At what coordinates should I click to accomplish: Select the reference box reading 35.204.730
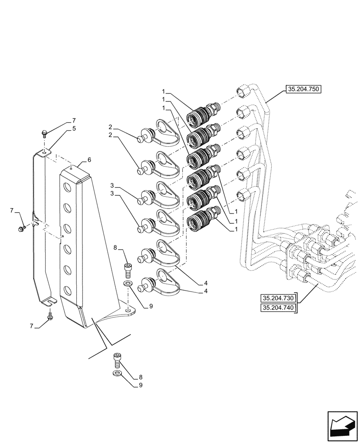278,298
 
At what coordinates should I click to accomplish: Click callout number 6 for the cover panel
89,159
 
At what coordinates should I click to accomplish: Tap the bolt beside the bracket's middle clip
20,229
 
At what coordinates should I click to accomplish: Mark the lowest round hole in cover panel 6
67,291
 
